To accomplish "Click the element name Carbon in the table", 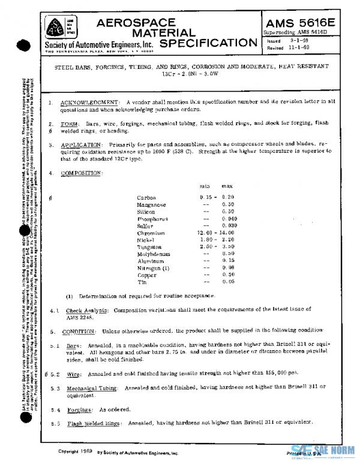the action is [x=146, y=197].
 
